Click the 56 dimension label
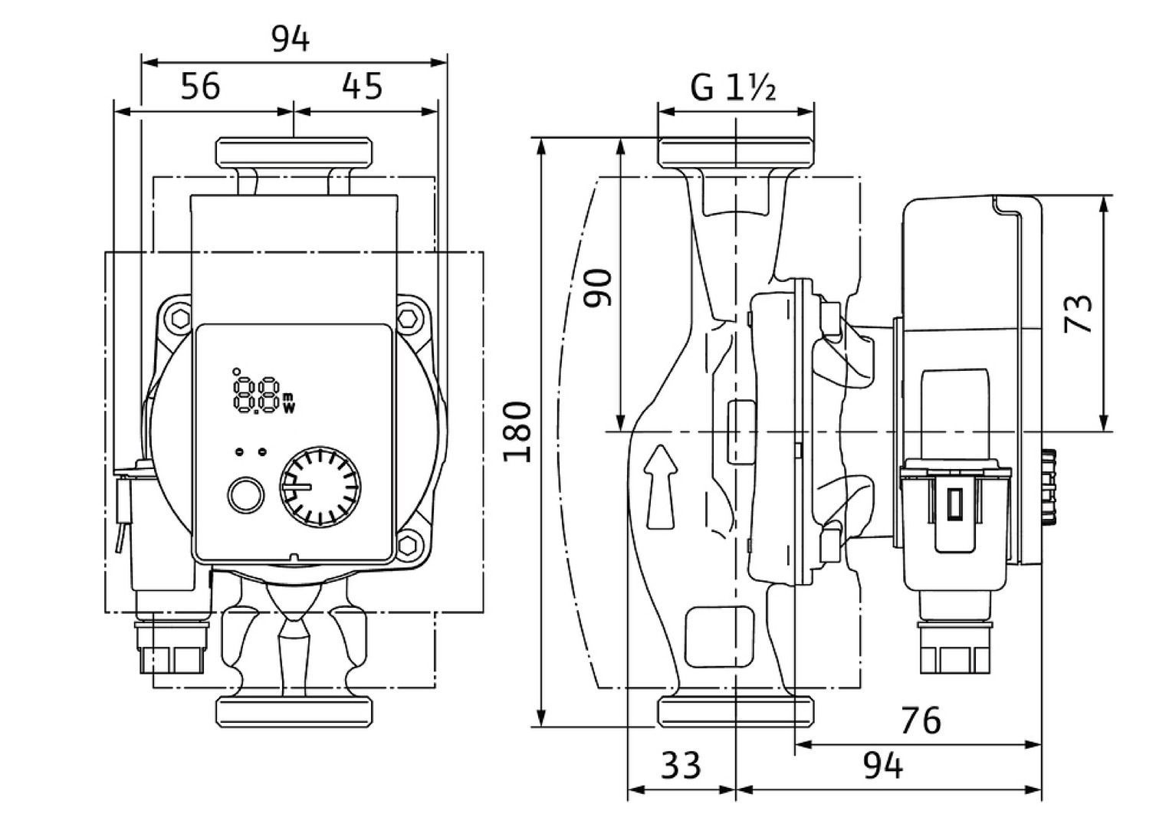pos(201,86)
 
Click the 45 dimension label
pos(362,86)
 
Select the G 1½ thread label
pos(734,88)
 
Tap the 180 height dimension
pos(518,431)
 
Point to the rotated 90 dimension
pos(598,287)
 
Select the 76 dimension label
pos(920,720)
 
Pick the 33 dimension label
pos(681,765)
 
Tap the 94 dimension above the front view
pos(291,38)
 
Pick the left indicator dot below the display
pos(240,451)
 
